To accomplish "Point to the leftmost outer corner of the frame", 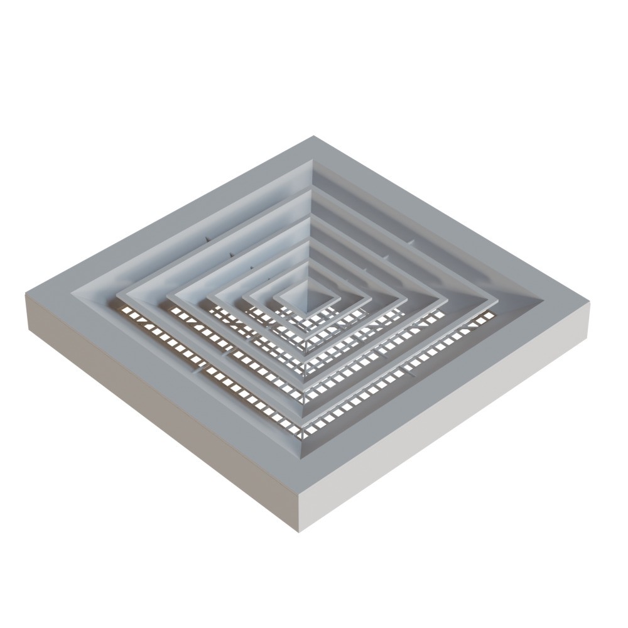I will pos(25,293).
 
